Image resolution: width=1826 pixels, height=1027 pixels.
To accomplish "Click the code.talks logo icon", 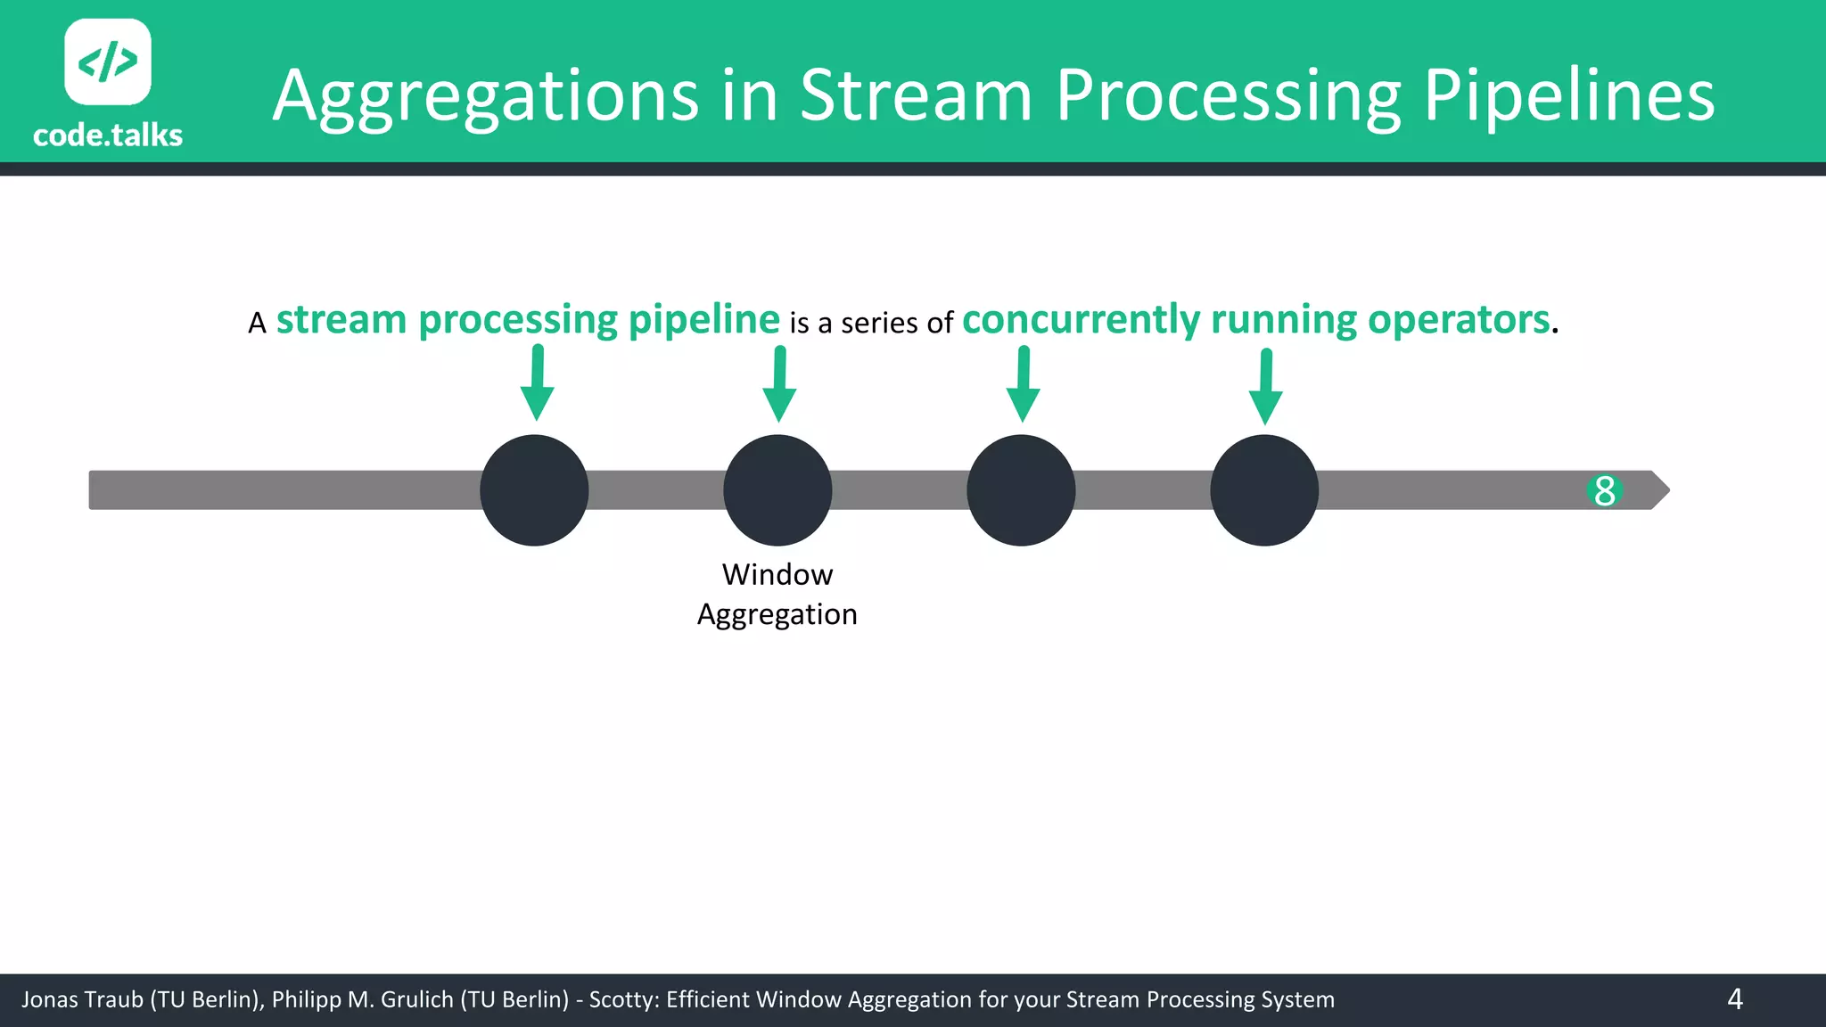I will (x=108, y=62).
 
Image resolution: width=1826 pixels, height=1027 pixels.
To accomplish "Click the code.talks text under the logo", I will (x=108, y=136).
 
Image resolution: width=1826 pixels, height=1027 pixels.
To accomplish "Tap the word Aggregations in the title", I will (x=486, y=96).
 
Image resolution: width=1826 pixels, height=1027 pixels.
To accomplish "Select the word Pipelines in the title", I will (x=1568, y=96).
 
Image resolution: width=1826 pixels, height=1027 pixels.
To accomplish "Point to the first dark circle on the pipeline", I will (x=534, y=490).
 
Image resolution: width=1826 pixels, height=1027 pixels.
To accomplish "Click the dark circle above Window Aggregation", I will (x=777, y=490).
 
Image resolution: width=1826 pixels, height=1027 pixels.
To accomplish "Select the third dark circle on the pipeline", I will (x=1021, y=490).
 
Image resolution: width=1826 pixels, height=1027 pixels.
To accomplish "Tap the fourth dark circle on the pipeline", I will (x=1264, y=490).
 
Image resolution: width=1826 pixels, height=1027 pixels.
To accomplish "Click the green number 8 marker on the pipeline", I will (x=1604, y=490).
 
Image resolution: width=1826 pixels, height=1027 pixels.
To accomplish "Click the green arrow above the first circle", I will (x=537, y=383).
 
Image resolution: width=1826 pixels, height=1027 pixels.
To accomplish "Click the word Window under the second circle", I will (x=777, y=575).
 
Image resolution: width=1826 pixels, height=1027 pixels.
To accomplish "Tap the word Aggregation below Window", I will (x=777, y=614).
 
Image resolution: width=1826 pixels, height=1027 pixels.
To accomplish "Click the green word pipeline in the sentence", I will (x=703, y=320).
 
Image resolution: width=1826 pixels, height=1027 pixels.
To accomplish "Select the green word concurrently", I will (x=1081, y=320).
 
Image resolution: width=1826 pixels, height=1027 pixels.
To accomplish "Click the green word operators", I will (x=1459, y=320).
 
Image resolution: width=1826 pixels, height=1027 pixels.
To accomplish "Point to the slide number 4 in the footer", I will (x=1734, y=999).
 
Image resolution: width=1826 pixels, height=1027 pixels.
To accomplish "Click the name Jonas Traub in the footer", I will (x=82, y=999).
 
